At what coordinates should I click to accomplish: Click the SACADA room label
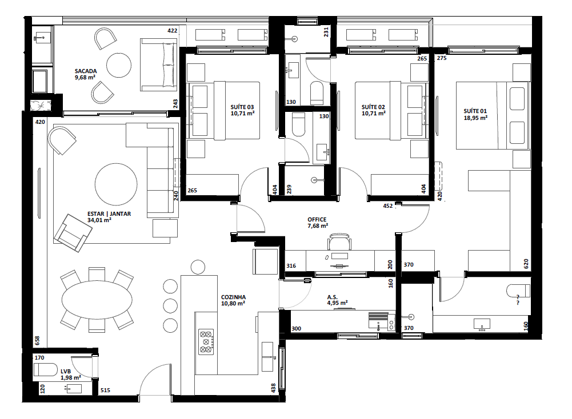(x=85, y=71)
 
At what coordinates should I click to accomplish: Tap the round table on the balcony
(x=120, y=65)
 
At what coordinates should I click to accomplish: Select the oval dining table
(x=96, y=300)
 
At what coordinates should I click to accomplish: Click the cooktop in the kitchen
(x=206, y=342)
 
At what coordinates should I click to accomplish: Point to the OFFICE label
(x=317, y=219)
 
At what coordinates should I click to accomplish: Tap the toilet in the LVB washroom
(x=46, y=369)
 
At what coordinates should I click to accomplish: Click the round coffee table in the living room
(x=116, y=184)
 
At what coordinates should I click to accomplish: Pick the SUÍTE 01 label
(x=475, y=111)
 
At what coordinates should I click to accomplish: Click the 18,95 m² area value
(x=475, y=118)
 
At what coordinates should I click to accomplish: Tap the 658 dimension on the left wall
(x=38, y=340)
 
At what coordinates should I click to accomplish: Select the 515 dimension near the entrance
(x=105, y=390)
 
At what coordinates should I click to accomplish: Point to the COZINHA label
(x=233, y=297)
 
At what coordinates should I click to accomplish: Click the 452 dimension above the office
(x=387, y=207)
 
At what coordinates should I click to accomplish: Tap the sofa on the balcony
(x=158, y=65)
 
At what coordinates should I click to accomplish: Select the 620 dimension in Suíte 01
(x=526, y=264)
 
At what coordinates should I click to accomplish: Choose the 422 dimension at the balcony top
(x=172, y=30)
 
